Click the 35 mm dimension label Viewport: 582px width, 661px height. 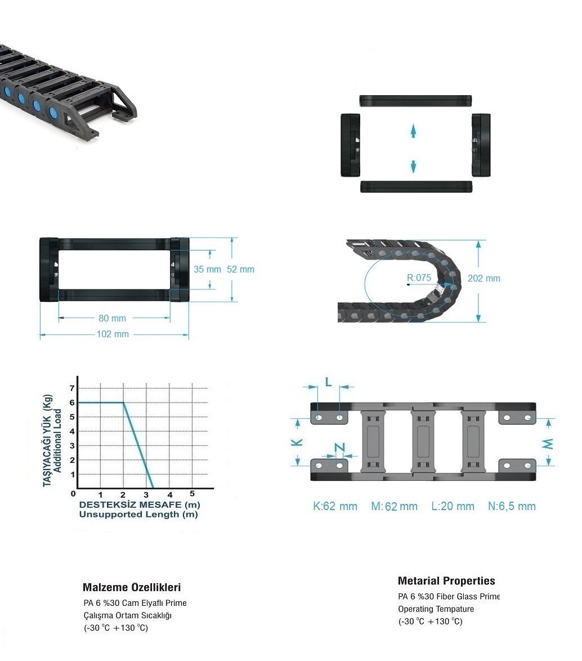click(x=207, y=269)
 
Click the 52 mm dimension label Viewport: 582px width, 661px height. click(x=241, y=269)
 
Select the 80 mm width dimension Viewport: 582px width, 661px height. click(x=113, y=318)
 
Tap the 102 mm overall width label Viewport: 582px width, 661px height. click(x=113, y=334)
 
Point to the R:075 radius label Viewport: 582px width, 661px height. click(x=419, y=278)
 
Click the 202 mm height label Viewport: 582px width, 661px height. click(x=484, y=278)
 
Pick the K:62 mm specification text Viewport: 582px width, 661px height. click(x=335, y=506)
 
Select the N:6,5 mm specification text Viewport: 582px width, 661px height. click(x=512, y=506)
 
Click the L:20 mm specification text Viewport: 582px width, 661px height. click(x=453, y=506)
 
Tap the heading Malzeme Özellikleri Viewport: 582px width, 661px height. click(x=132, y=587)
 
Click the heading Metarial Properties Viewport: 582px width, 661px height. click(x=446, y=581)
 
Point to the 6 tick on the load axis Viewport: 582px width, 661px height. click(x=72, y=403)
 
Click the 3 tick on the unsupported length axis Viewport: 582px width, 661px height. click(x=146, y=495)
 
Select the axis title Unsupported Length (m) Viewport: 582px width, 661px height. click(x=138, y=514)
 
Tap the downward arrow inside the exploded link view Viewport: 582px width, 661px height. click(x=414, y=166)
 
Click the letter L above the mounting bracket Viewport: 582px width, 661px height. click(x=329, y=382)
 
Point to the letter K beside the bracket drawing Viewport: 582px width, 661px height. click(x=297, y=442)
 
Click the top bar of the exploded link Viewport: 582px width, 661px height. click(x=415, y=101)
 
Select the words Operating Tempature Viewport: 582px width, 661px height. click(x=436, y=609)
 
